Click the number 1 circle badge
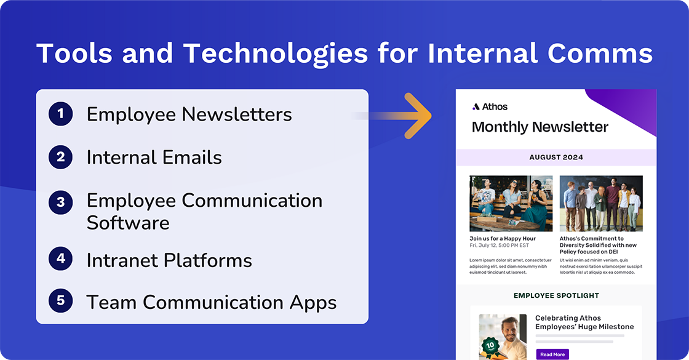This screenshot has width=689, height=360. [x=60, y=114]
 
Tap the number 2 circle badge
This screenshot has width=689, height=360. [x=60, y=157]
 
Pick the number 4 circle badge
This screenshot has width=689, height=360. [x=60, y=259]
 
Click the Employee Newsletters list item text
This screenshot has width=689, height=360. [x=189, y=114]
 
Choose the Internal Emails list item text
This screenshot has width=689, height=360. [x=154, y=158]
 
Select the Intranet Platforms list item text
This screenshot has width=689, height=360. [x=169, y=260]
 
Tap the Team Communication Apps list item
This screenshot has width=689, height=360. [x=211, y=302]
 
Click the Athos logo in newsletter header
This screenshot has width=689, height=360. [x=490, y=106]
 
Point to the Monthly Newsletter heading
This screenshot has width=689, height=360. [x=540, y=127]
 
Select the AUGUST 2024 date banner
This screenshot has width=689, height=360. [x=556, y=158]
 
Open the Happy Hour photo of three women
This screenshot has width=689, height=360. [x=511, y=203]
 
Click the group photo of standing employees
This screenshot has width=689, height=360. [x=601, y=203]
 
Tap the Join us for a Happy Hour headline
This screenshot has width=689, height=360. [x=503, y=239]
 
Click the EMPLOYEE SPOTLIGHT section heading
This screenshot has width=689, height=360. [x=556, y=295]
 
